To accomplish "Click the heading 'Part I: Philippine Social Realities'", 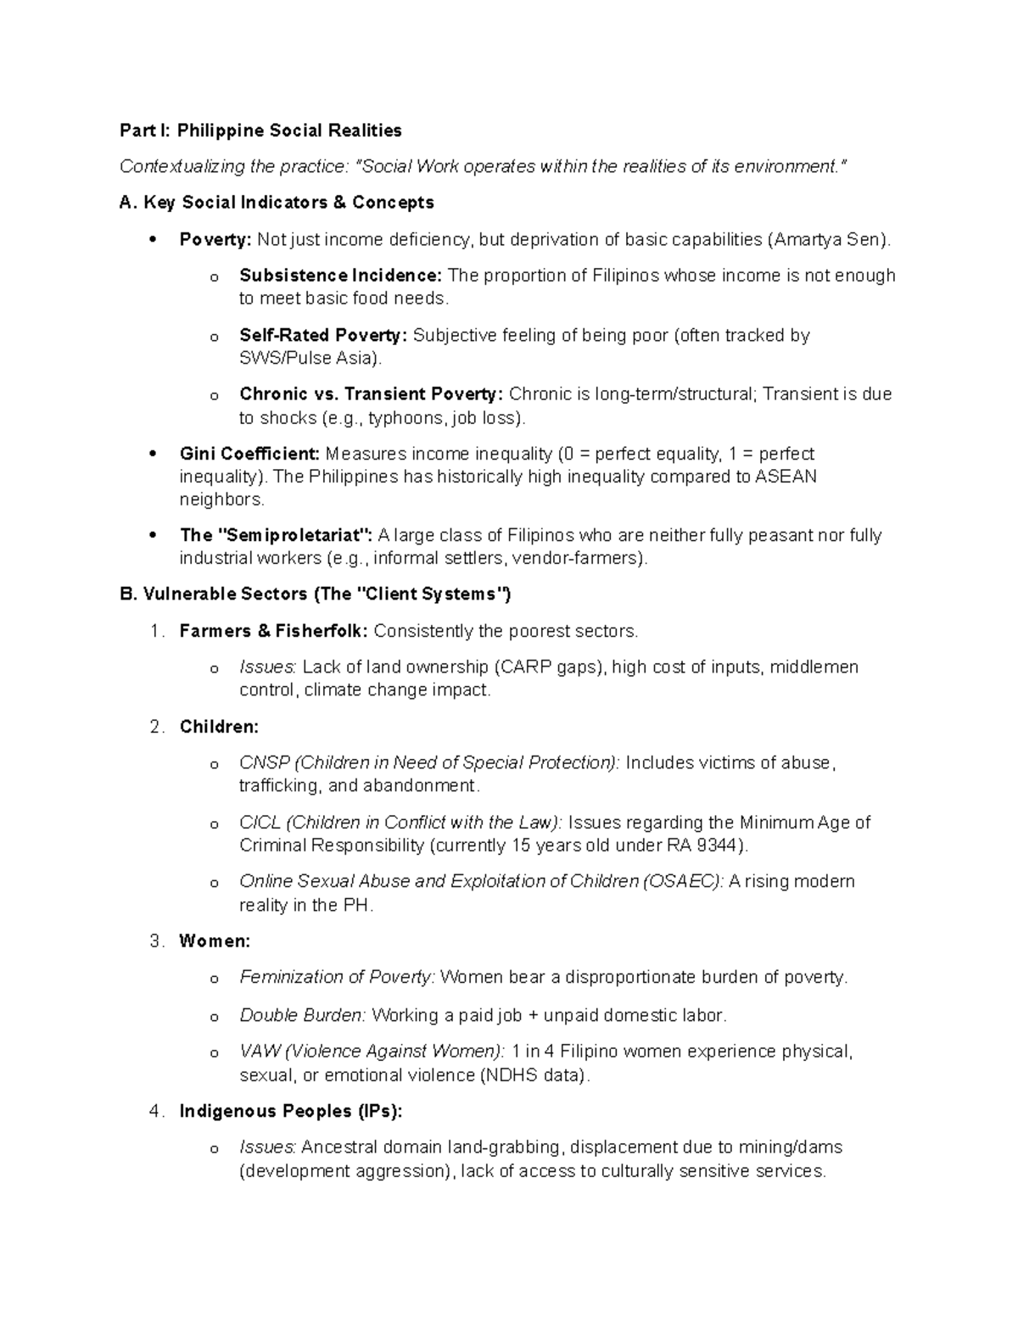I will (x=260, y=131).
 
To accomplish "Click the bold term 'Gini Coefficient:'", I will (x=249, y=454).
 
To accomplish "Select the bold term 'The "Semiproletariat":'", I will (x=276, y=535).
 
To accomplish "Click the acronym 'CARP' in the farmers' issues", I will (x=524, y=667).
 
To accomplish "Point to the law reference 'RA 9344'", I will (x=711, y=845).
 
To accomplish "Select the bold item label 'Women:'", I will (x=215, y=941).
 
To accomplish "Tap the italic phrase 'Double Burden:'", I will (x=303, y=1015).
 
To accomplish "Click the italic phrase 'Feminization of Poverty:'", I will (x=338, y=978).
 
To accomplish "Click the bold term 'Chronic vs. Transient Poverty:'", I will (x=372, y=394).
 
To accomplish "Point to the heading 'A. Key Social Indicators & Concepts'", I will (x=277, y=203).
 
